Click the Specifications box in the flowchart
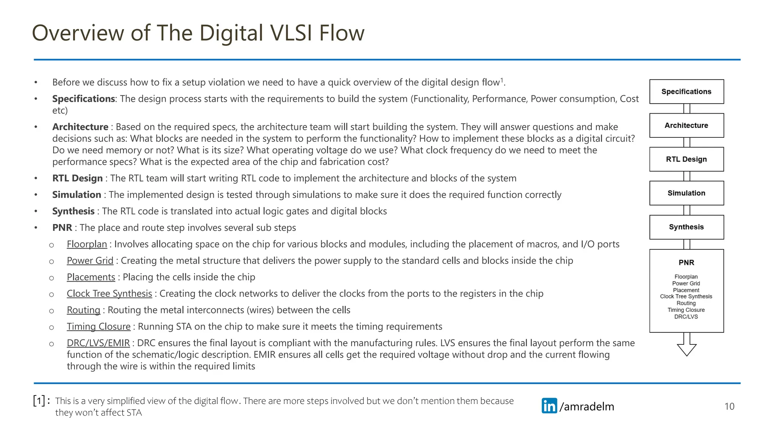pos(686,92)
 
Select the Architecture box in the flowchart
pos(686,125)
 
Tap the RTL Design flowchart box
pos(686,159)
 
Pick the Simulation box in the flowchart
pos(686,193)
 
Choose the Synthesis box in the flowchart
pos(686,227)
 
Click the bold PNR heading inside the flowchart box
pos(686,263)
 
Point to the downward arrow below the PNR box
pos(686,345)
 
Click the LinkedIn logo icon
pos(549,406)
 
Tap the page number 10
pos(729,406)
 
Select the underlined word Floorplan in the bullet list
pos(87,244)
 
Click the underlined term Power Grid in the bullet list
pos(90,261)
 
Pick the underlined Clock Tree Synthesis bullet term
pos(109,294)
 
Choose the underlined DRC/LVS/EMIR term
pos(98,343)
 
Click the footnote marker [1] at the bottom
pos(39,400)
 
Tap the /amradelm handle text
pos(587,406)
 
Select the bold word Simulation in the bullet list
pos(76,195)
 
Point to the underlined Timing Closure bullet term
pos(98,327)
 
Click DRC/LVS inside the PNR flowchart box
pos(686,317)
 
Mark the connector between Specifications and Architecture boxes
pos(687,109)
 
